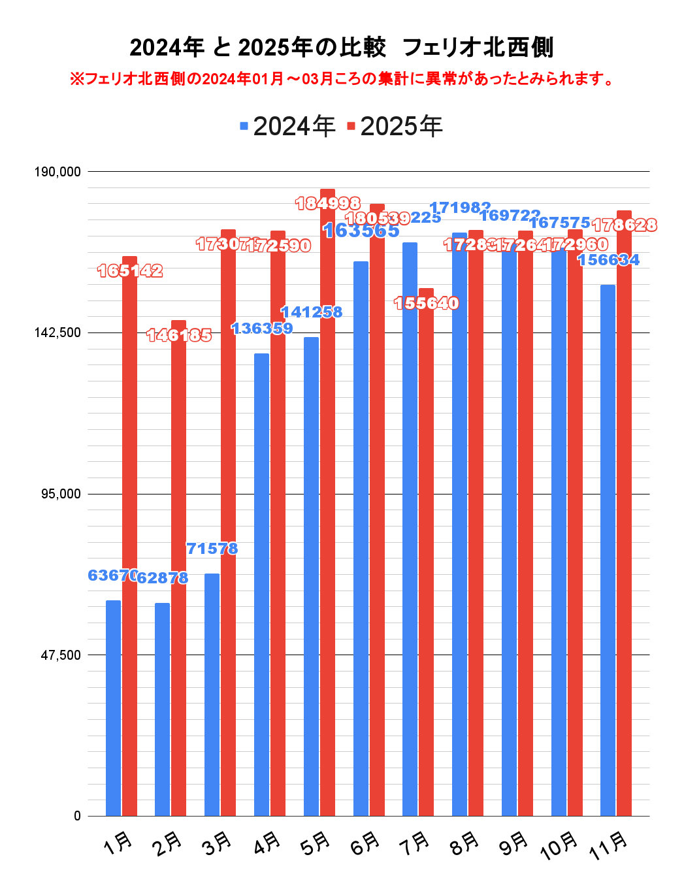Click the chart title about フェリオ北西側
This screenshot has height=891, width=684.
pos(341,48)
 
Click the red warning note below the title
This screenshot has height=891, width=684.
pos(341,79)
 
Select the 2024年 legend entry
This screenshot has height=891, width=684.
pos(287,126)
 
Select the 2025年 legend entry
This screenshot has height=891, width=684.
pos(395,126)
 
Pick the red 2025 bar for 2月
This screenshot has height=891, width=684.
pos(178,568)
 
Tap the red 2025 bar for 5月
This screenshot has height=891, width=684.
pos(327,503)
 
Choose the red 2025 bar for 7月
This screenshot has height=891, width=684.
pos(426,552)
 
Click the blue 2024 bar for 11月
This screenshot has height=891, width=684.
pos(608,550)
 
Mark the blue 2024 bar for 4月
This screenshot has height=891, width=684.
pos(261,585)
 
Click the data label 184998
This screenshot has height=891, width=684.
pos(328,204)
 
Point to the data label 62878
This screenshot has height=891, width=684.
pos(163,578)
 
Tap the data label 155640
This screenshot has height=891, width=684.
pos(427,303)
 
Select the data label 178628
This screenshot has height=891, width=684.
pos(625,225)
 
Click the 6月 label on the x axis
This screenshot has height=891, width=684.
pos(365,844)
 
